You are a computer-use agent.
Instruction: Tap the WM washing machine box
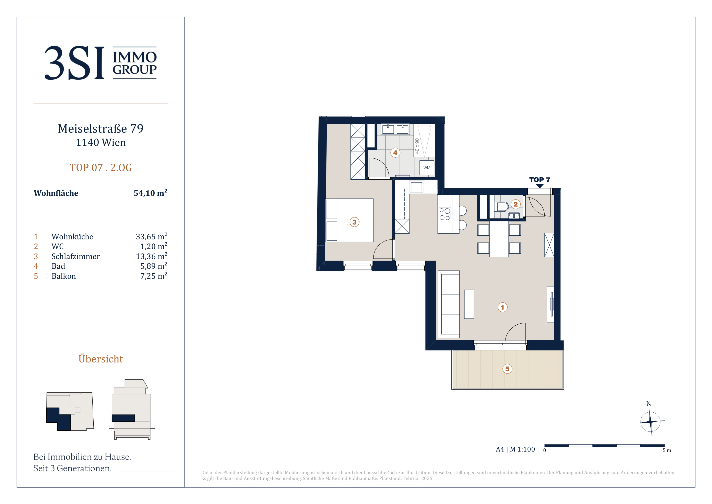427,168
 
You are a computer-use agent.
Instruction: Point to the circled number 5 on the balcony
507,369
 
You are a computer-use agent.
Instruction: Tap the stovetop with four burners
445,214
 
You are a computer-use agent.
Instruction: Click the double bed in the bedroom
349,220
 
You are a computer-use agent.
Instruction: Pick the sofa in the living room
449,304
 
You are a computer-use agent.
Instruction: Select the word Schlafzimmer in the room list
76,256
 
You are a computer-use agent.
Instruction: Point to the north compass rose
650,422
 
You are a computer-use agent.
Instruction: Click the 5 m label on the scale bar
667,450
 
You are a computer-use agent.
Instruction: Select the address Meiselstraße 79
101,128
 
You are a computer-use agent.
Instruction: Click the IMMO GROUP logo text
135,63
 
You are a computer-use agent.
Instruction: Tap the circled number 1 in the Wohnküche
503,307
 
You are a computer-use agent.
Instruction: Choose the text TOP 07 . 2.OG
101,168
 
